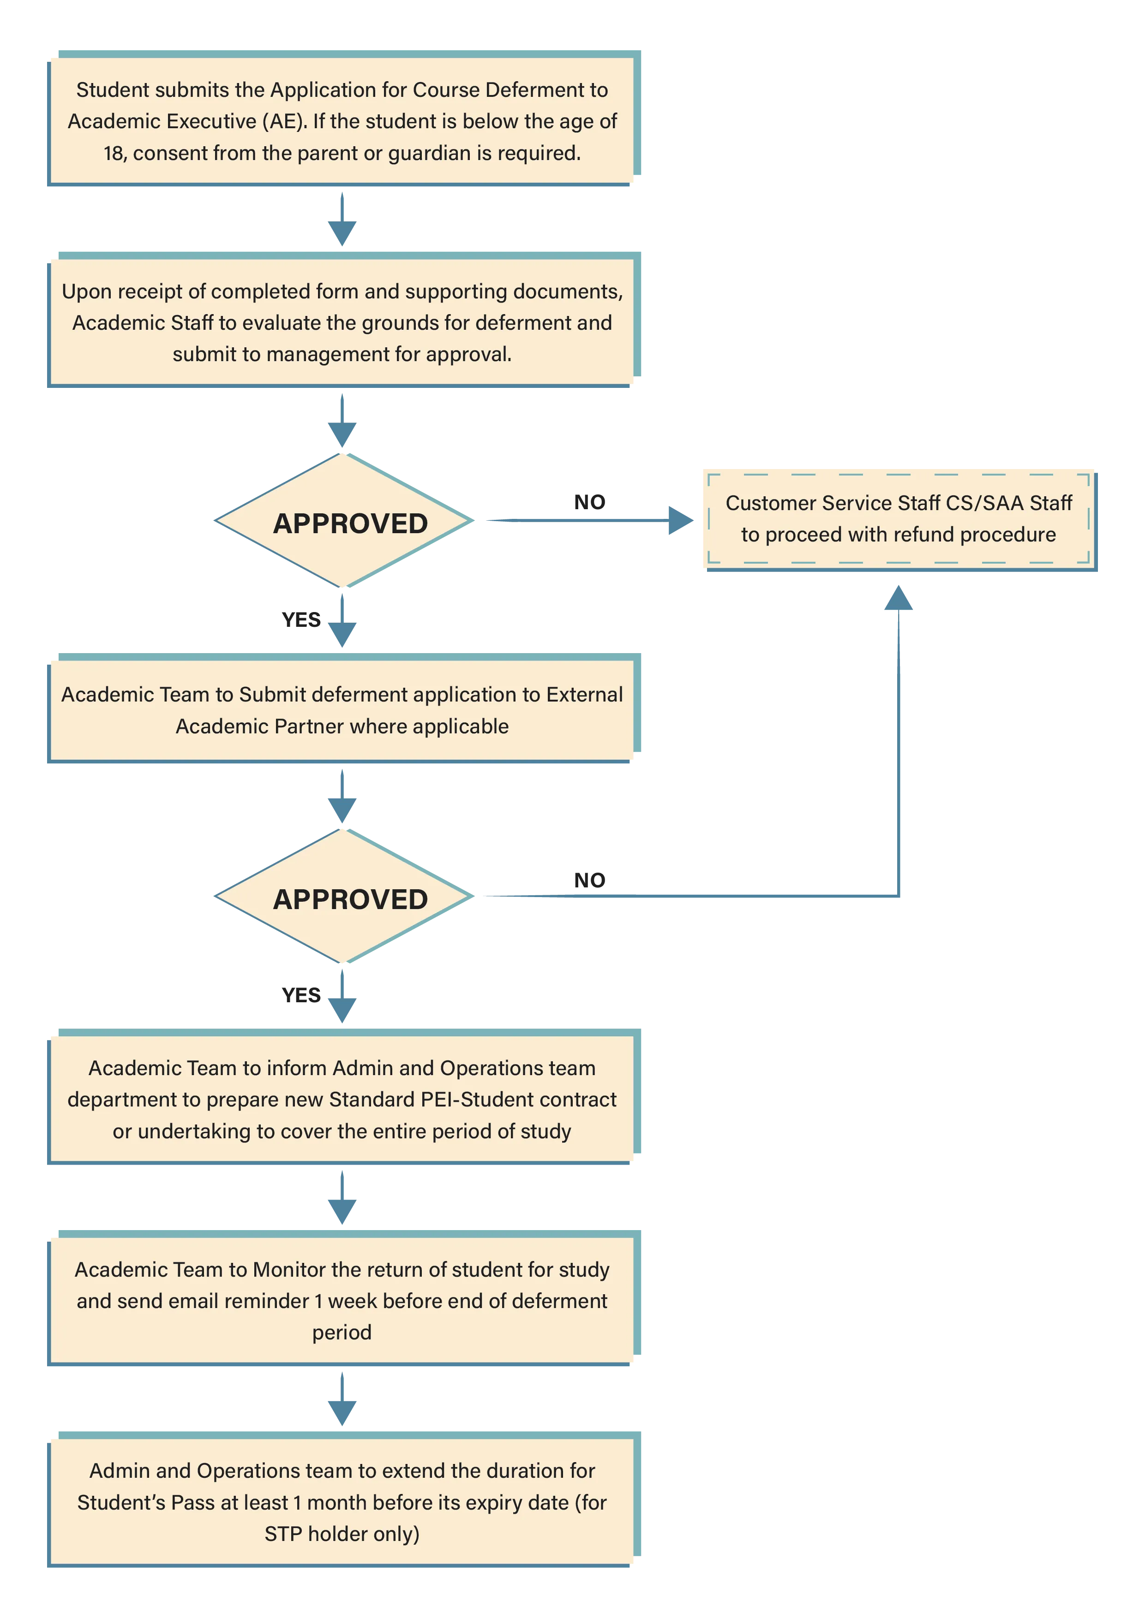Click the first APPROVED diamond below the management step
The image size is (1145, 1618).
coord(343,521)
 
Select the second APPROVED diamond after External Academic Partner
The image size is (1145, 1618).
coord(343,896)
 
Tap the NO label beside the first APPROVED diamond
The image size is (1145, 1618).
coord(589,502)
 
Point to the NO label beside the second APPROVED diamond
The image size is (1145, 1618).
coord(589,880)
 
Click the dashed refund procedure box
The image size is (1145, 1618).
coord(901,520)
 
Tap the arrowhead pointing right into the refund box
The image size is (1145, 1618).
coord(681,521)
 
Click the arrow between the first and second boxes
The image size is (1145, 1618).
coord(342,219)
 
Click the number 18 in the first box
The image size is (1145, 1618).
coord(114,154)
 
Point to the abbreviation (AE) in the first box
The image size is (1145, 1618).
coord(284,122)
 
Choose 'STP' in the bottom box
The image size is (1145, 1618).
coord(283,1534)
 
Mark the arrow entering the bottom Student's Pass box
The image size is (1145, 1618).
coord(342,1399)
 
